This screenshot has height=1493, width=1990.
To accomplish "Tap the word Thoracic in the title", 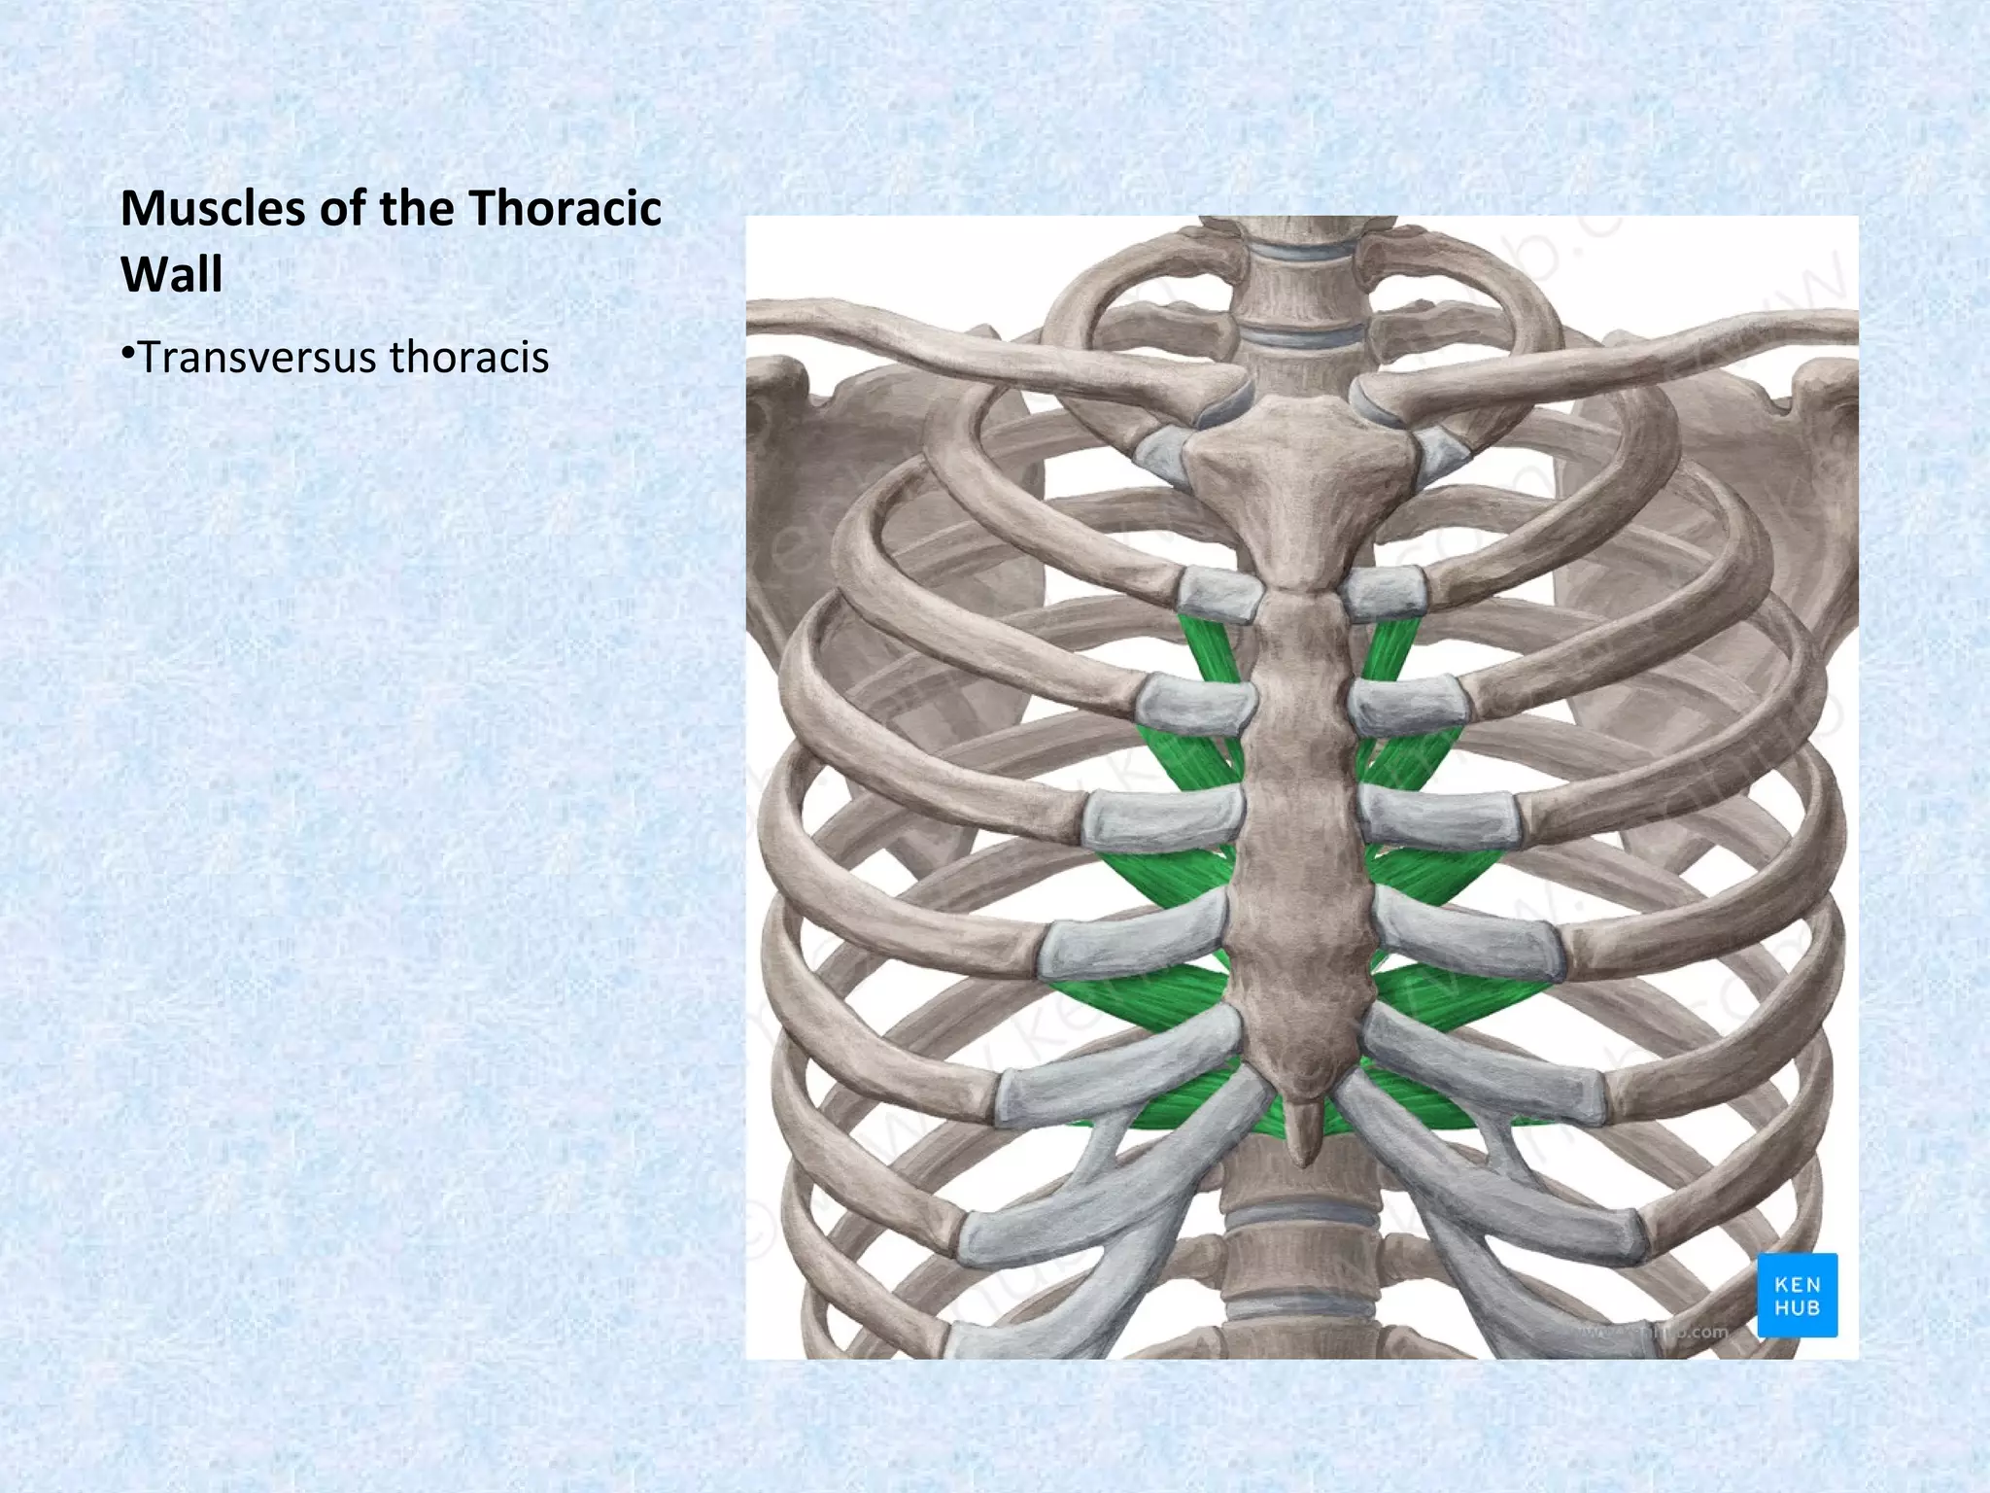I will click(x=565, y=209).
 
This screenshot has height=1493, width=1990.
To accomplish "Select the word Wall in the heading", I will click(x=172, y=274).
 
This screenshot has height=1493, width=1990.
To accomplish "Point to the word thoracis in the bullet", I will click(x=468, y=357).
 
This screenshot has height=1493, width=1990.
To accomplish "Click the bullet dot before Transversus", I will click(x=127, y=354).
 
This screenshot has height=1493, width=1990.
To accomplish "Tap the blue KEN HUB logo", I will click(x=1797, y=1295).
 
